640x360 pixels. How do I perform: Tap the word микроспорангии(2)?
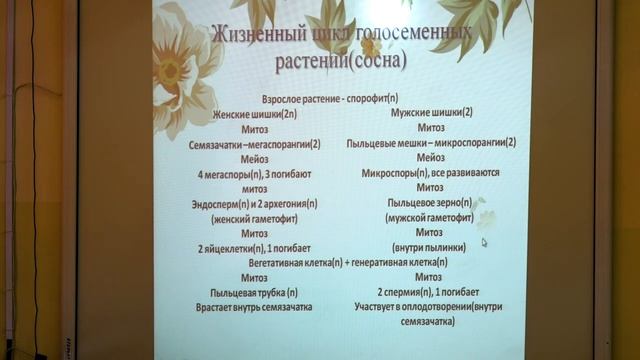pyautogui.click(x=469, y=143)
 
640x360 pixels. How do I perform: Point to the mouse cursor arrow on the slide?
pyautogui.click(x=484, y=241)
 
